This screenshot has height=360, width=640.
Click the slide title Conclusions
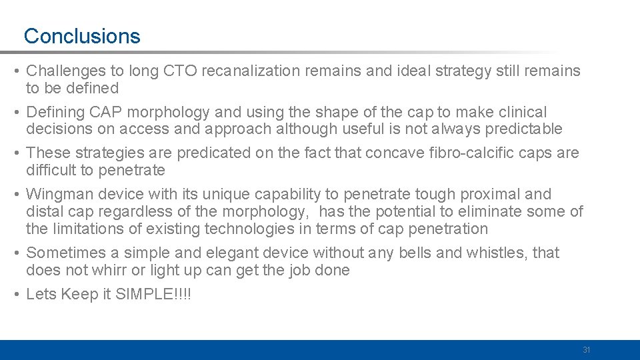pos(82,36)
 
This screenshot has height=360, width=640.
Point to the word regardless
pos(153,212)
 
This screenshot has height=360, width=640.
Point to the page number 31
pos(587,350)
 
